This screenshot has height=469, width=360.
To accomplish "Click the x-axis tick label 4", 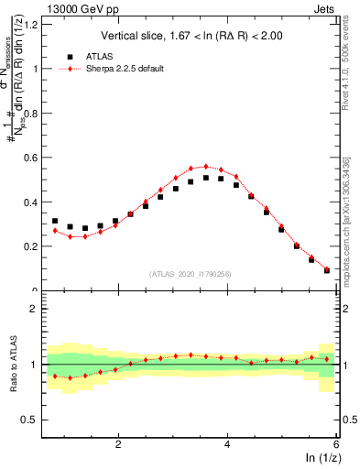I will pyautogui.click(x=227, y=445).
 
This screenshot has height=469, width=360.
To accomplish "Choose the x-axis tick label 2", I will pyautogui.click(x=118, y=445).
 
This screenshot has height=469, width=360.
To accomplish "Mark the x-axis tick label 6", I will pyautogui.click(x=336, y=445).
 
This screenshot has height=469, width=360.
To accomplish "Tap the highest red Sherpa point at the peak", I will pyautogui.click(x=206, y=167).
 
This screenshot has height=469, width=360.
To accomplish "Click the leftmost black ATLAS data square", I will pyautogui.click(x=55, y=221).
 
